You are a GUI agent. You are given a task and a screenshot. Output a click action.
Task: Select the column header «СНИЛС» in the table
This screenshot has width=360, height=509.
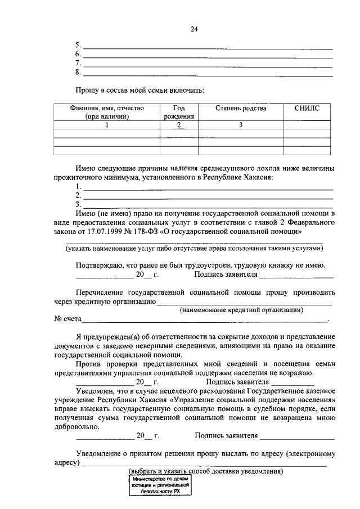[x=306, y=109]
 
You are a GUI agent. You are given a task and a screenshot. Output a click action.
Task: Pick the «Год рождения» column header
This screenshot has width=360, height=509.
[x=178, y=112]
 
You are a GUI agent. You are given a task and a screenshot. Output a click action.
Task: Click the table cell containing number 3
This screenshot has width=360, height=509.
[x=241, y=125]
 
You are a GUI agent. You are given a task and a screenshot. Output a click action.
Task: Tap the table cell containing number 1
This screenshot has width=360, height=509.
[x=107, y=125]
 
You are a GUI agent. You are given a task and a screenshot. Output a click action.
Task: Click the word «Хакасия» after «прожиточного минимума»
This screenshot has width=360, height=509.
[x=258, y=177]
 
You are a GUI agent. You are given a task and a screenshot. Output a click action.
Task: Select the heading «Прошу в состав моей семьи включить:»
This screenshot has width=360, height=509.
[x=140, y=91]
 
